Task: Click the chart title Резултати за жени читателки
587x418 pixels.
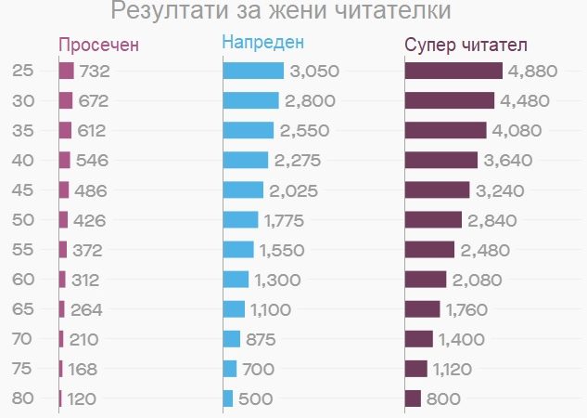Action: (x=281, y=12)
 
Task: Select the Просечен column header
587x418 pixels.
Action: (x=99, y=46)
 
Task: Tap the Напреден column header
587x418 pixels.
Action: (x=263, y=43)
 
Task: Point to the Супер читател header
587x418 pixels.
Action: (x=466, y=46)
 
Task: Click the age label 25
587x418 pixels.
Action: (x=23, y=71)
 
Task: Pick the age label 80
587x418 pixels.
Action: (x=23, y=398)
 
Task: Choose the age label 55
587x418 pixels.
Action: (x=23, y=250)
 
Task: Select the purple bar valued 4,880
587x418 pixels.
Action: (x=453, y=71)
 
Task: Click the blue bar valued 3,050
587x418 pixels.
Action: (x=253, y=71)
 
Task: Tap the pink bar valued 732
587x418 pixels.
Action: (x=66, y=71)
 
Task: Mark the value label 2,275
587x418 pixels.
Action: (x=298, y=161)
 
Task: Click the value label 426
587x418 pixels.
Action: (x=92, y=220)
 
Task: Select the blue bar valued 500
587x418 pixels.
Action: (x=228, y=398)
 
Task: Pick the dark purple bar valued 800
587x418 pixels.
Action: (x=414, y=398)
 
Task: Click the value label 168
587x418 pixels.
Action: (x=83, y=369)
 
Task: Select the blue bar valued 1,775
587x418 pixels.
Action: (x=241, y=220)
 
